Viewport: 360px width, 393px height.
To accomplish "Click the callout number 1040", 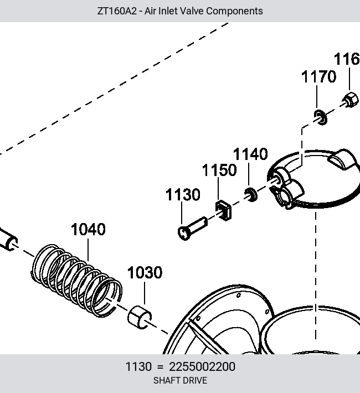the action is click(x=88, y=229).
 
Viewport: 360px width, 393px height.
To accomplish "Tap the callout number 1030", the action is click(x=145, y=272).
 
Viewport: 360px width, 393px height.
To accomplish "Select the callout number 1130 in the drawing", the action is click(x=183, y=194).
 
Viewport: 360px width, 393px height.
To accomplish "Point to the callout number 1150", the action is click(x=219, y=170).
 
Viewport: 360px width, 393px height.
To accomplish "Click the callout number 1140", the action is click(x=250, y=154).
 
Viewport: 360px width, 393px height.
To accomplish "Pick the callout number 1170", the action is click(x=318, y=76).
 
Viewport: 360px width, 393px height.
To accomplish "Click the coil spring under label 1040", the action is click(x=76, y=281).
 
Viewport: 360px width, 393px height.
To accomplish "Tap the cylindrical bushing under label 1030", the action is click(x=140, y=317).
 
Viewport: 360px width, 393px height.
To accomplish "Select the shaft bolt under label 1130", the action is click(x=192, y=229).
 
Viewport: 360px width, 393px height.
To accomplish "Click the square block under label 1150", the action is click(x=223, y=210).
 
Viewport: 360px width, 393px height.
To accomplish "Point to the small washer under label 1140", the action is click(x=251, y=195).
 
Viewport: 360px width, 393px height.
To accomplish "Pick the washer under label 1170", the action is click(x=320, y=117).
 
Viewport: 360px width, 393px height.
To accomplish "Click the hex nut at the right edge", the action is click(x=350, y=100).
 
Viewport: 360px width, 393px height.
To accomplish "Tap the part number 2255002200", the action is click(x=202, y=366).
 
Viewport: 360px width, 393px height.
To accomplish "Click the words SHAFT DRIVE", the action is click(x=180, y=380).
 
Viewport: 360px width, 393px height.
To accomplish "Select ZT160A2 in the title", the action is click(x=117, y=11).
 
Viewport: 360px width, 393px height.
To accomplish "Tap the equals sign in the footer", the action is click(x=160, y=367).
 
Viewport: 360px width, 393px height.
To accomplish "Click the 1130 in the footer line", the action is click(x=138, y=366).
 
